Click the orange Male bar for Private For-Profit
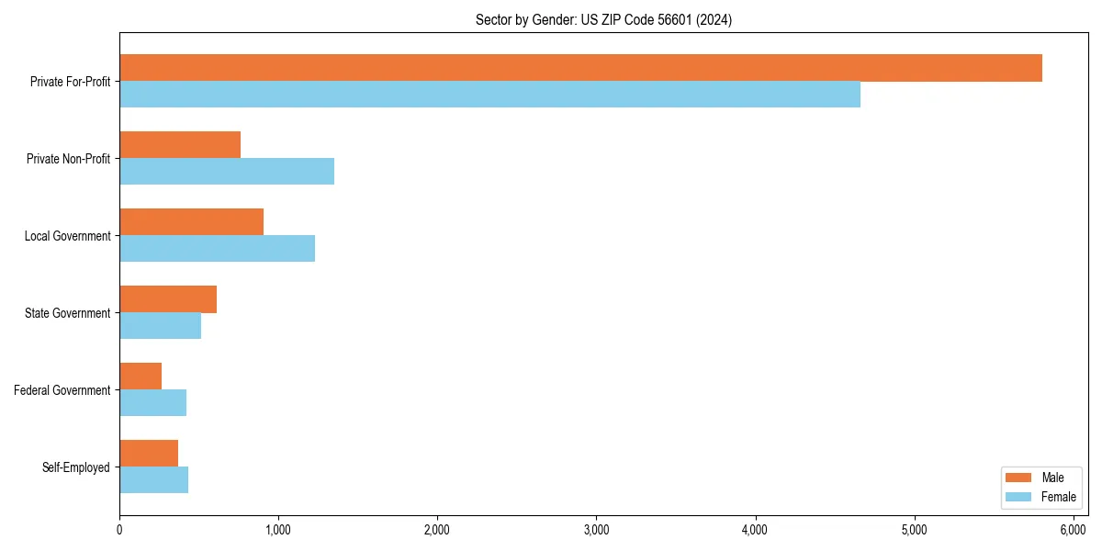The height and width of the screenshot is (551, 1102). [x=580, y=68]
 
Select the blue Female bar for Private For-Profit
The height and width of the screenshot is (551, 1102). [x=489, y=95]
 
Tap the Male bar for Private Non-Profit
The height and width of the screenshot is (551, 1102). [x=180, y=145]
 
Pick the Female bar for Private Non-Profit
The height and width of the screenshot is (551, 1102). [x=227, y=172]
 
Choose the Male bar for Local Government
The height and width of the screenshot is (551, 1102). [x=191, y=222]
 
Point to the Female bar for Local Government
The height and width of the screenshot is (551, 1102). [x=217, y=249]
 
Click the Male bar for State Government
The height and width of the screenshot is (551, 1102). [x=168, y=299]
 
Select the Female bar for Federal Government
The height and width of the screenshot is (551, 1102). [x=152, y=403]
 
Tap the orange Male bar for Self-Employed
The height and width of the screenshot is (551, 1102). [x=149, y=454]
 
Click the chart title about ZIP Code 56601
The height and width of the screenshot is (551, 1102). [x=603, y=19]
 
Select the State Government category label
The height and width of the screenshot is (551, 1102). [x=67, y=313]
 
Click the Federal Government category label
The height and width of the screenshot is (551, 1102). [x=62, y=390]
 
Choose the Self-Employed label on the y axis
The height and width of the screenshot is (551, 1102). [x=76, y=467]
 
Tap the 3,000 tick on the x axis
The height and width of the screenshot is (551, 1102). [x=596, y=530]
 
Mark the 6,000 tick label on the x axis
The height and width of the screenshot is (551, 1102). [x=1073, y=530]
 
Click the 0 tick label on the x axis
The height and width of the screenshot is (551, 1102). [x=119, y=530]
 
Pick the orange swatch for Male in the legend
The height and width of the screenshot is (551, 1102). [x=1019, y=478]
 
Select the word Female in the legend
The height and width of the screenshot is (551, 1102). [x=1059, y=497]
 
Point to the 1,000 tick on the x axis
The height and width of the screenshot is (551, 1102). [x=278, y=530]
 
